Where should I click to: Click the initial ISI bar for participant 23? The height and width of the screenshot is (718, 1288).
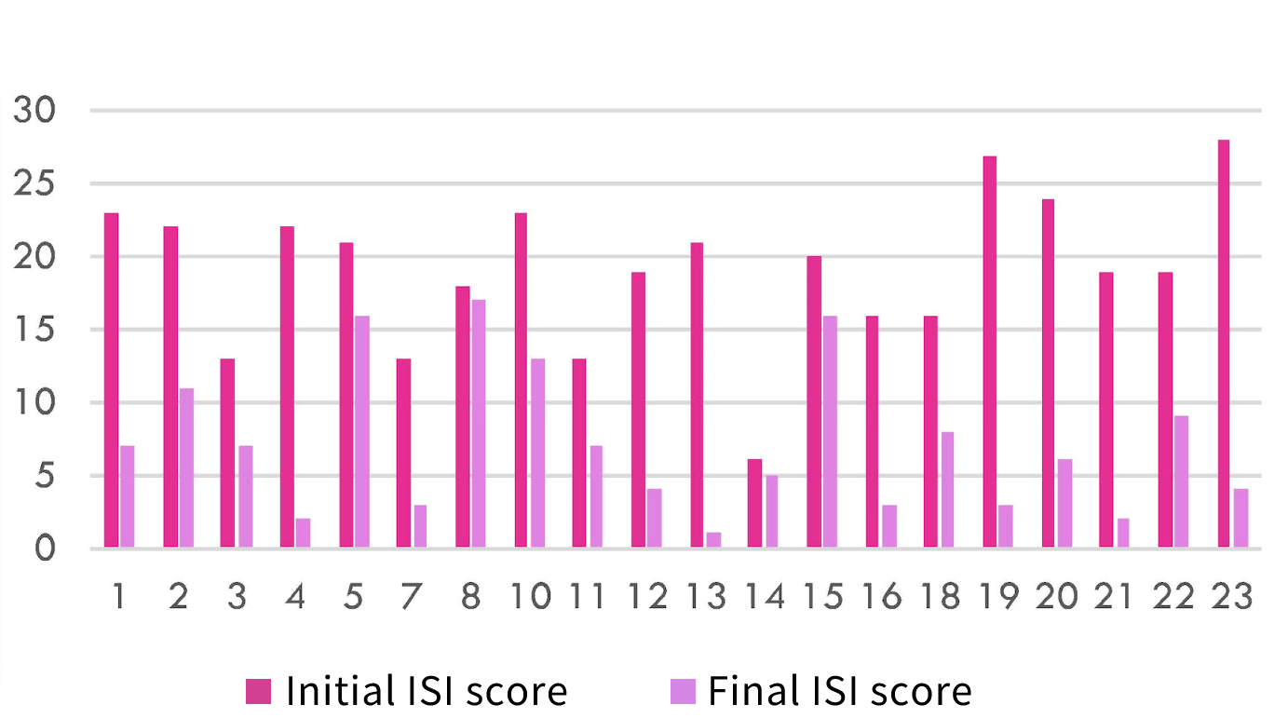pyautogui.click(x=1223, y=344)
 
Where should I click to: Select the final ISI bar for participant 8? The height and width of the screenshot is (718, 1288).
pyautogui.click(x=479, y=424)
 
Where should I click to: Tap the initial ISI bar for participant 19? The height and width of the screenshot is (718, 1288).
pyautogui.click(x=989, y=352)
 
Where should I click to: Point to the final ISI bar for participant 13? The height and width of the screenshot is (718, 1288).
pyautogui.click(x=713, y=540)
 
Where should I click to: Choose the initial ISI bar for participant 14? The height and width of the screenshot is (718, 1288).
pyautogui.click(x=754, y=504)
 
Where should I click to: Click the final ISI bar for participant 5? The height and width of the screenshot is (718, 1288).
pyautogui.click(x=361, y=431)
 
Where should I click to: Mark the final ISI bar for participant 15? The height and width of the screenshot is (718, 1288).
pyautogui.click(x=829, y=431)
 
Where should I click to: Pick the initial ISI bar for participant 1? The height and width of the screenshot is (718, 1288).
pyautogui.click(x=111, y=380)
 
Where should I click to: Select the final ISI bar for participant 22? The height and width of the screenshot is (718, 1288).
pyautogui.click(x=1180, y=481)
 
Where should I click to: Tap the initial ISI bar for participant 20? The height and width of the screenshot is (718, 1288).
pyautogui.click(x=1048, y=373)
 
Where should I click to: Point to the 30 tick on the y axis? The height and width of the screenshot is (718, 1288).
pyautogui.click(x=34, y=111)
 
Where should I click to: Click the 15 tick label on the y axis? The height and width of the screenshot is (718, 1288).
pyautogui.click(x=34, y=330)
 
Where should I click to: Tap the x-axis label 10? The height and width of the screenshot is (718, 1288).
pyautogui.click(x=530, y=597)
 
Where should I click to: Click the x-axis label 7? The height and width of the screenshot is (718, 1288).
pyautogui.click(x=412, y=597)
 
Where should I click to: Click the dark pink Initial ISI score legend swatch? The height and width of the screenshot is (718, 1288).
pyautogui.click(x=258, y=691)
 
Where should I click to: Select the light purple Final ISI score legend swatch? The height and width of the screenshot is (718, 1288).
pyautogui.click(x=683, y=691)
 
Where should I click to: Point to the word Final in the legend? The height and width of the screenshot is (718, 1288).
pyautogui.click(x=750, y=691)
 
